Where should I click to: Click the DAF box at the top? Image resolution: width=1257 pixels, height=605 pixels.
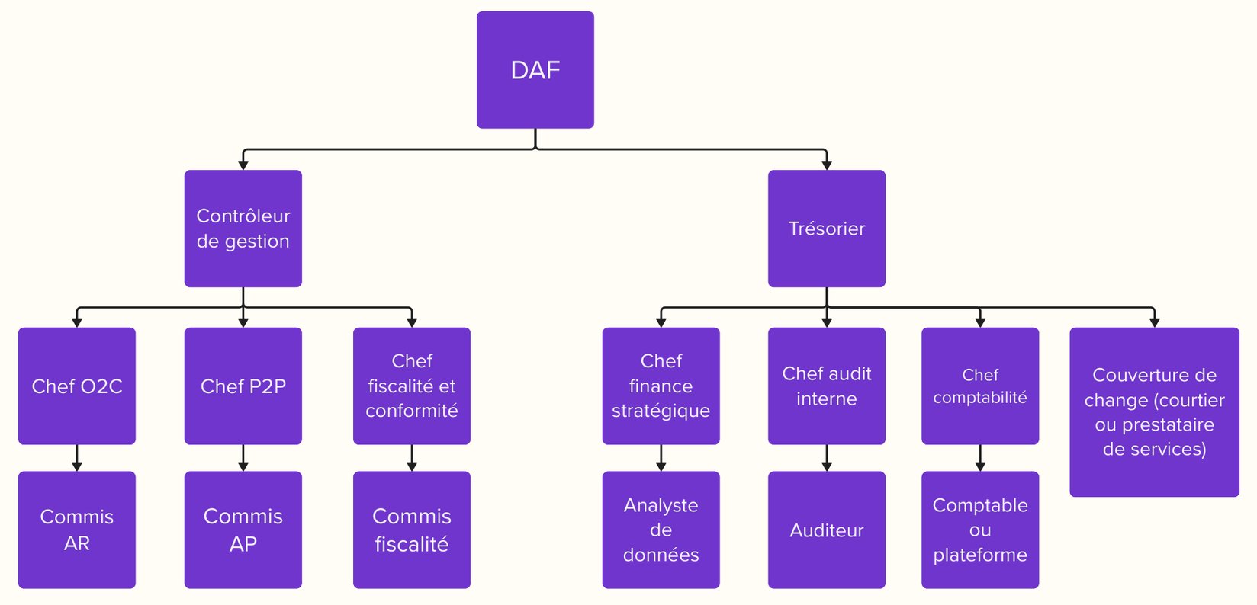535,70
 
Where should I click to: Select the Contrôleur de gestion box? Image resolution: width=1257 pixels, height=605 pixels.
243,229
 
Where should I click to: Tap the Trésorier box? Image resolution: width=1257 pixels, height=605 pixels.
826,229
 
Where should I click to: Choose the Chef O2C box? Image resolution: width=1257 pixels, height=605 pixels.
76,386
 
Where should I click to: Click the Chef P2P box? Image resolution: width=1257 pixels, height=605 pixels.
243,386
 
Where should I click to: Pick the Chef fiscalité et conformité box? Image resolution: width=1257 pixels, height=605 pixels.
411,386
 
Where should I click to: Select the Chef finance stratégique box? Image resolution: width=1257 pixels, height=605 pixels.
661,386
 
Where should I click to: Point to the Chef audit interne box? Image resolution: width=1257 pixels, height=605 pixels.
826,386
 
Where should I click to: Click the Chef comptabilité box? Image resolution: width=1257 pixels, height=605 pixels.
979,386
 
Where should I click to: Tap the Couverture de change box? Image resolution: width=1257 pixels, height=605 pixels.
1154,412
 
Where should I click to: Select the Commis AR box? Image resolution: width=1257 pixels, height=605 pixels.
76,530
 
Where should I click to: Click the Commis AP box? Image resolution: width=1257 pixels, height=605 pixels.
243,530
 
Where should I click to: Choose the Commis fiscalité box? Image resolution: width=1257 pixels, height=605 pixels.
411,530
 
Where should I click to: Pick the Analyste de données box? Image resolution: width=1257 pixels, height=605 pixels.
661,530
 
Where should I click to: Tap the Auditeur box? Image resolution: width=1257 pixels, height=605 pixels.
826,530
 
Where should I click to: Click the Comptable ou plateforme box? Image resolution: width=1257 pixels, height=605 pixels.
979,530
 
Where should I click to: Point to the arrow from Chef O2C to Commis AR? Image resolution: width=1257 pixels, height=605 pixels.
76,458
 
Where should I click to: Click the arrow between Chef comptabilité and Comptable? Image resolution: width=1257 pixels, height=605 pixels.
980,458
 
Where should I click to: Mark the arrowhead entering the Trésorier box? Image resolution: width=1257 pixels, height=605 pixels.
826,165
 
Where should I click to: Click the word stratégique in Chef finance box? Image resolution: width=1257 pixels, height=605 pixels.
661,411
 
